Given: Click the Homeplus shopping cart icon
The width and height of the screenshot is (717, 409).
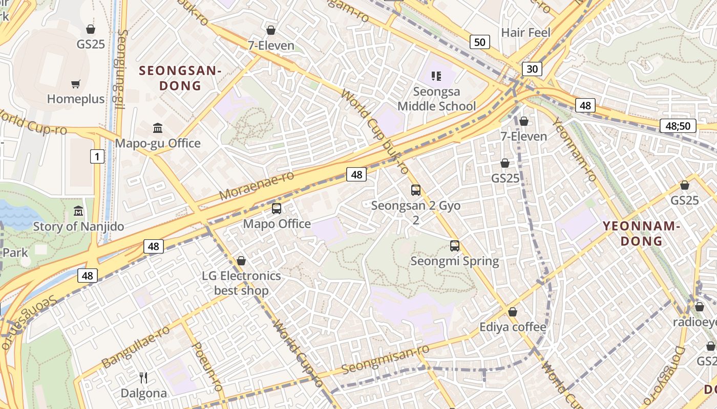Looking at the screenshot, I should click(76, 84).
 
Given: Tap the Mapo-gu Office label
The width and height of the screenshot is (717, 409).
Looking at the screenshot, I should click(158, 143).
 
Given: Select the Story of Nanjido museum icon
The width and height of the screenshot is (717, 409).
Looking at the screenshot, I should click(78, 211).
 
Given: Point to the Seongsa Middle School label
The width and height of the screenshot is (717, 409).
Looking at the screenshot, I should click(437, 99).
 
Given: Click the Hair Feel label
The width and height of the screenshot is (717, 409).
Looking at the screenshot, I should click(525, 33).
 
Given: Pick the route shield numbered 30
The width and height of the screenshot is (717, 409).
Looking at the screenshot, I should click(532, 69).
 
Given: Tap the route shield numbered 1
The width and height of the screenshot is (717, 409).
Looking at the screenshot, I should click(97, 156).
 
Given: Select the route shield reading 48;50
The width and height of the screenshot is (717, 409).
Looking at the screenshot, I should click(678, 126).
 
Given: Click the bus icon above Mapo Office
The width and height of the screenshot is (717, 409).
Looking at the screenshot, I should click(277, 209).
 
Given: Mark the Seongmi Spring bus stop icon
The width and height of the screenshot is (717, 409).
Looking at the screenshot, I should click(454, 246).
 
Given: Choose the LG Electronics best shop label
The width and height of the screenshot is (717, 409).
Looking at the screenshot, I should click(241, 283).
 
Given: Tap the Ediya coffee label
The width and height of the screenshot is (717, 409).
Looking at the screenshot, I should click(513, 327).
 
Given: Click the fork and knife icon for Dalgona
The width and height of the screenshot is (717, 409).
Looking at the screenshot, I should click(143, 378).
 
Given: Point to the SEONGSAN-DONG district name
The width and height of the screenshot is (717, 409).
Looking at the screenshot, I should click(180, 78).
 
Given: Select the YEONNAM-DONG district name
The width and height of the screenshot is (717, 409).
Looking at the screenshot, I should click(641, 233).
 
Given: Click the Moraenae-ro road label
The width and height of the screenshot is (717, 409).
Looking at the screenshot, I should click(257, 186).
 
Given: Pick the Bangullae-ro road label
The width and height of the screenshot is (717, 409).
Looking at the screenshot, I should click(136, 346).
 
